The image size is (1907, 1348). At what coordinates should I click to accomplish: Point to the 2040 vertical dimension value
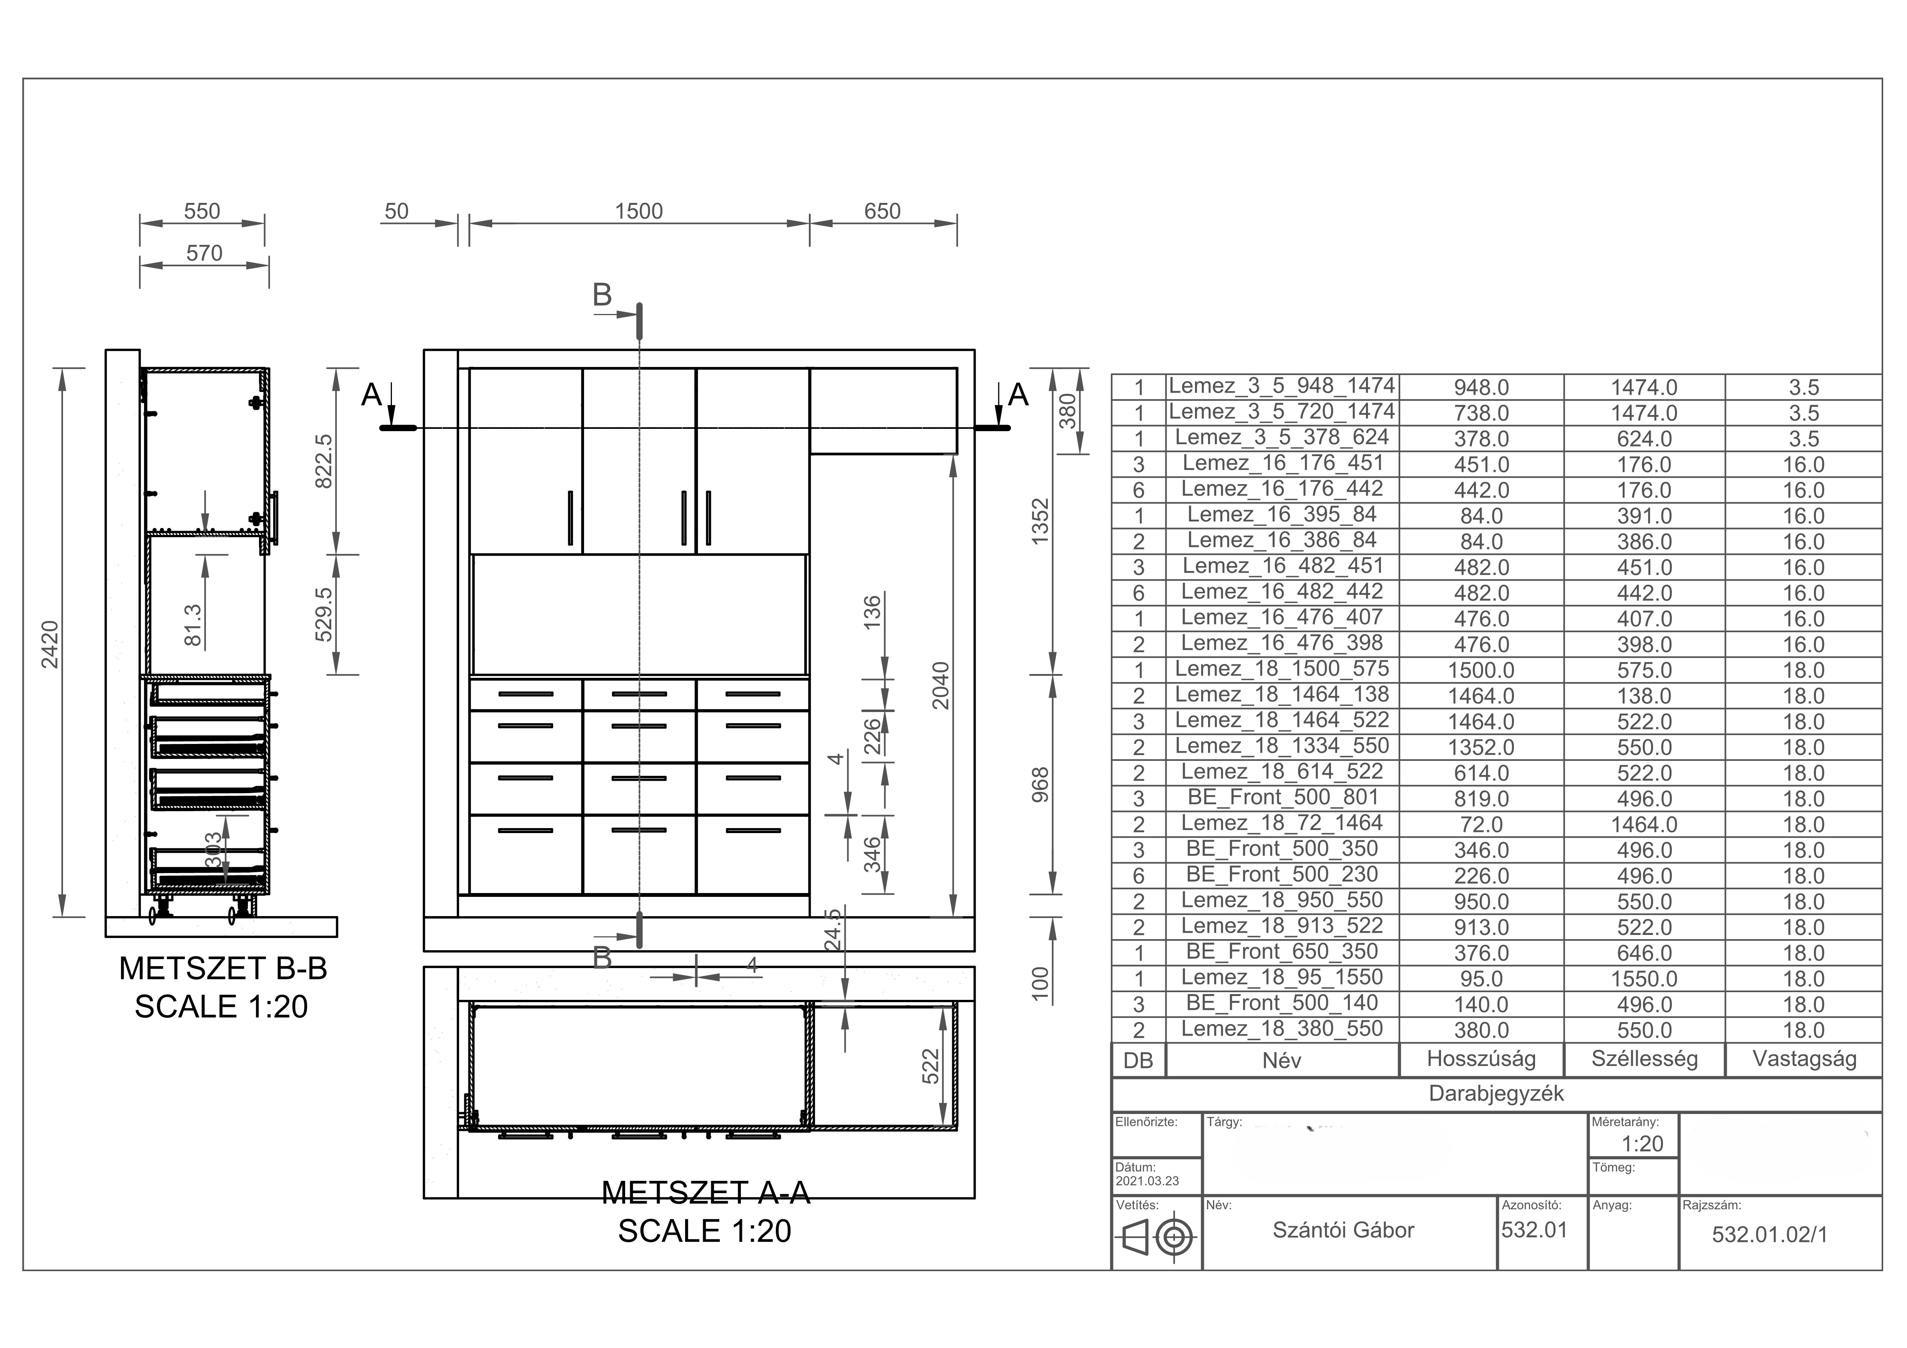[940, 685]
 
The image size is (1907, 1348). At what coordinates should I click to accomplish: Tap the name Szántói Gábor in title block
[1343, 1230]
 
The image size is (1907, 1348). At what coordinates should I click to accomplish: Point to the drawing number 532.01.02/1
[1770, 1235]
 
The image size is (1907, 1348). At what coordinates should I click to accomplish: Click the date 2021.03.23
[1147, 1181]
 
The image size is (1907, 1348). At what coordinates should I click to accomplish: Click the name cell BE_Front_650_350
[1281, 952]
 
